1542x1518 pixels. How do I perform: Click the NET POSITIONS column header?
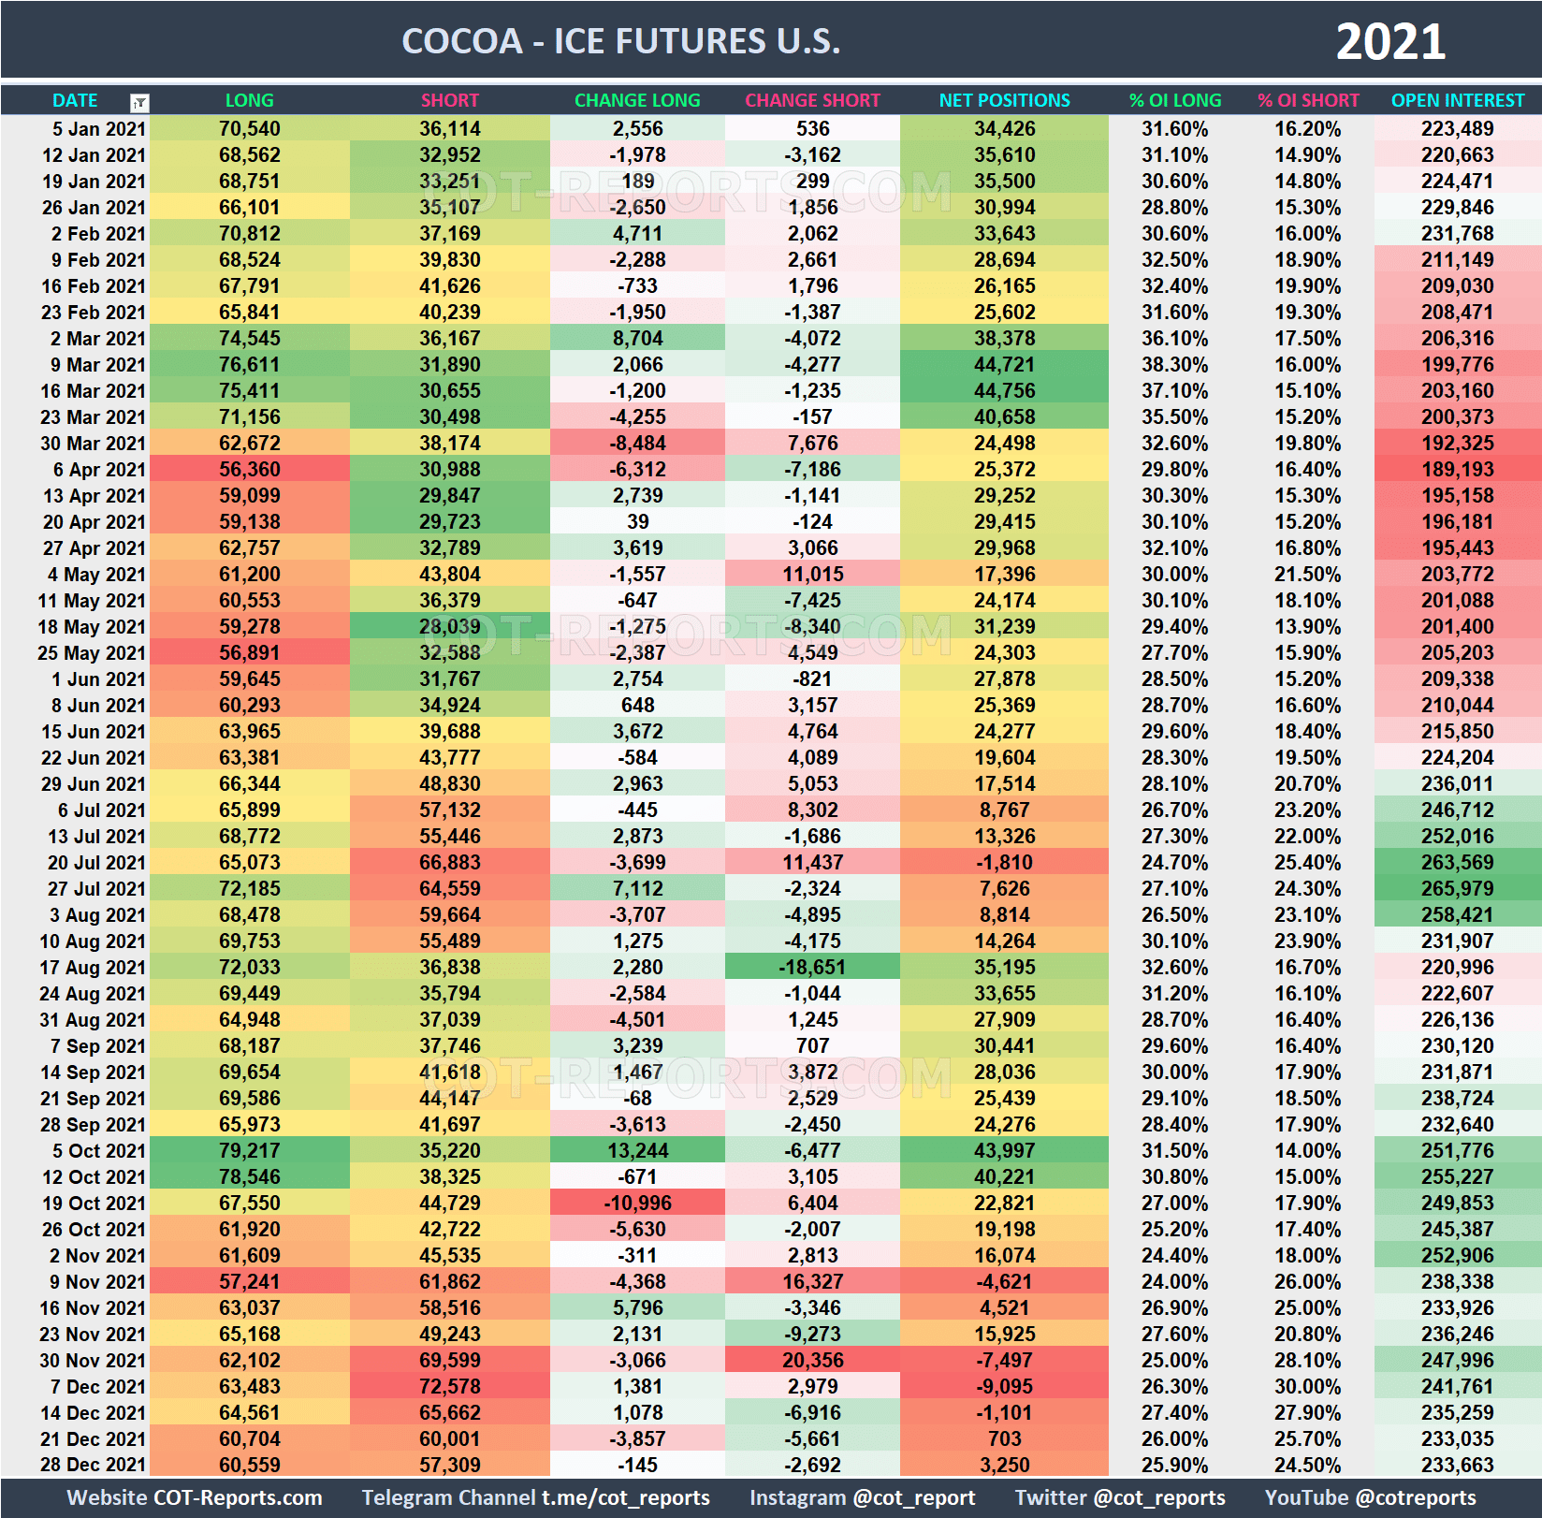[x=1004, y=100]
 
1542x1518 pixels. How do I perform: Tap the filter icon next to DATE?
[x=139, y=102]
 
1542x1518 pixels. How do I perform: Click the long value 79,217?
[x=249, y=1151]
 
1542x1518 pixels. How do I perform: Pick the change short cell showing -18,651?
[x=812, y=968]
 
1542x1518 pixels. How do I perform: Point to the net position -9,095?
[x=1004, y=1387]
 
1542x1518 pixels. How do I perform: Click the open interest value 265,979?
[x=1457, y=889]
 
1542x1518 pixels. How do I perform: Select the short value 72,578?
[x=449, y=1387]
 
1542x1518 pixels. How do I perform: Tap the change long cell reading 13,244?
[x=637, y=1151]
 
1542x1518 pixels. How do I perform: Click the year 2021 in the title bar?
[x=1389, y=42]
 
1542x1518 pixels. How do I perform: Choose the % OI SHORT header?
[x=1308, y=100]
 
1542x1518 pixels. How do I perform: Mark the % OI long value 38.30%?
[x=1174, y=365]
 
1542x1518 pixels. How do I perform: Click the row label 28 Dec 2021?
[x=93, y=1466]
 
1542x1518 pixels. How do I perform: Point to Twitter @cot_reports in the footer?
[x=1120, y=1498]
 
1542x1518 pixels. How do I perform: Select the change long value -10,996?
[x=637, y=1204]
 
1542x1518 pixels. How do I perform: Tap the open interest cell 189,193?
[x=1457, y=470]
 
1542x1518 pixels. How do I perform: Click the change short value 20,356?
[x=812, y=1361]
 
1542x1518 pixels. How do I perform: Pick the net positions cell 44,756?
[x=1004, y=391]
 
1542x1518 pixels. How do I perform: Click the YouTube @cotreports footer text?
[x=1370, y=1498]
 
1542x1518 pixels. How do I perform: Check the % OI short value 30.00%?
[x=1307, y=1387]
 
